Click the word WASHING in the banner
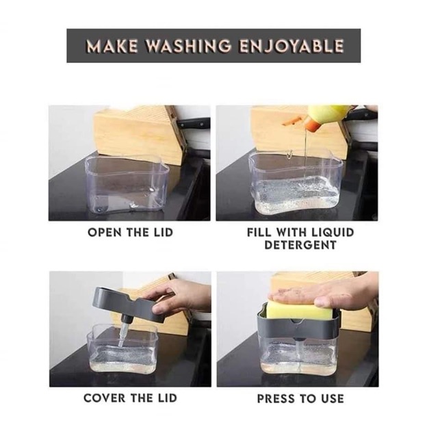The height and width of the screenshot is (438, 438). [x=188, y=46]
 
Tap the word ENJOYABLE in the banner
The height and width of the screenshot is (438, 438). [x=292, y=46]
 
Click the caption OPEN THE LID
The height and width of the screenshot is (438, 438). [x=131, y=233]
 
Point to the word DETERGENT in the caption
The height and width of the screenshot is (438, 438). [x=300, y=245]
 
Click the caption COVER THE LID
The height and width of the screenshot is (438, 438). [x=131, y=398]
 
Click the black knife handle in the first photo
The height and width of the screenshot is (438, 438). [x=194, y=123]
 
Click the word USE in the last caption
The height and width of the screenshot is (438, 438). [x=332, y=398]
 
